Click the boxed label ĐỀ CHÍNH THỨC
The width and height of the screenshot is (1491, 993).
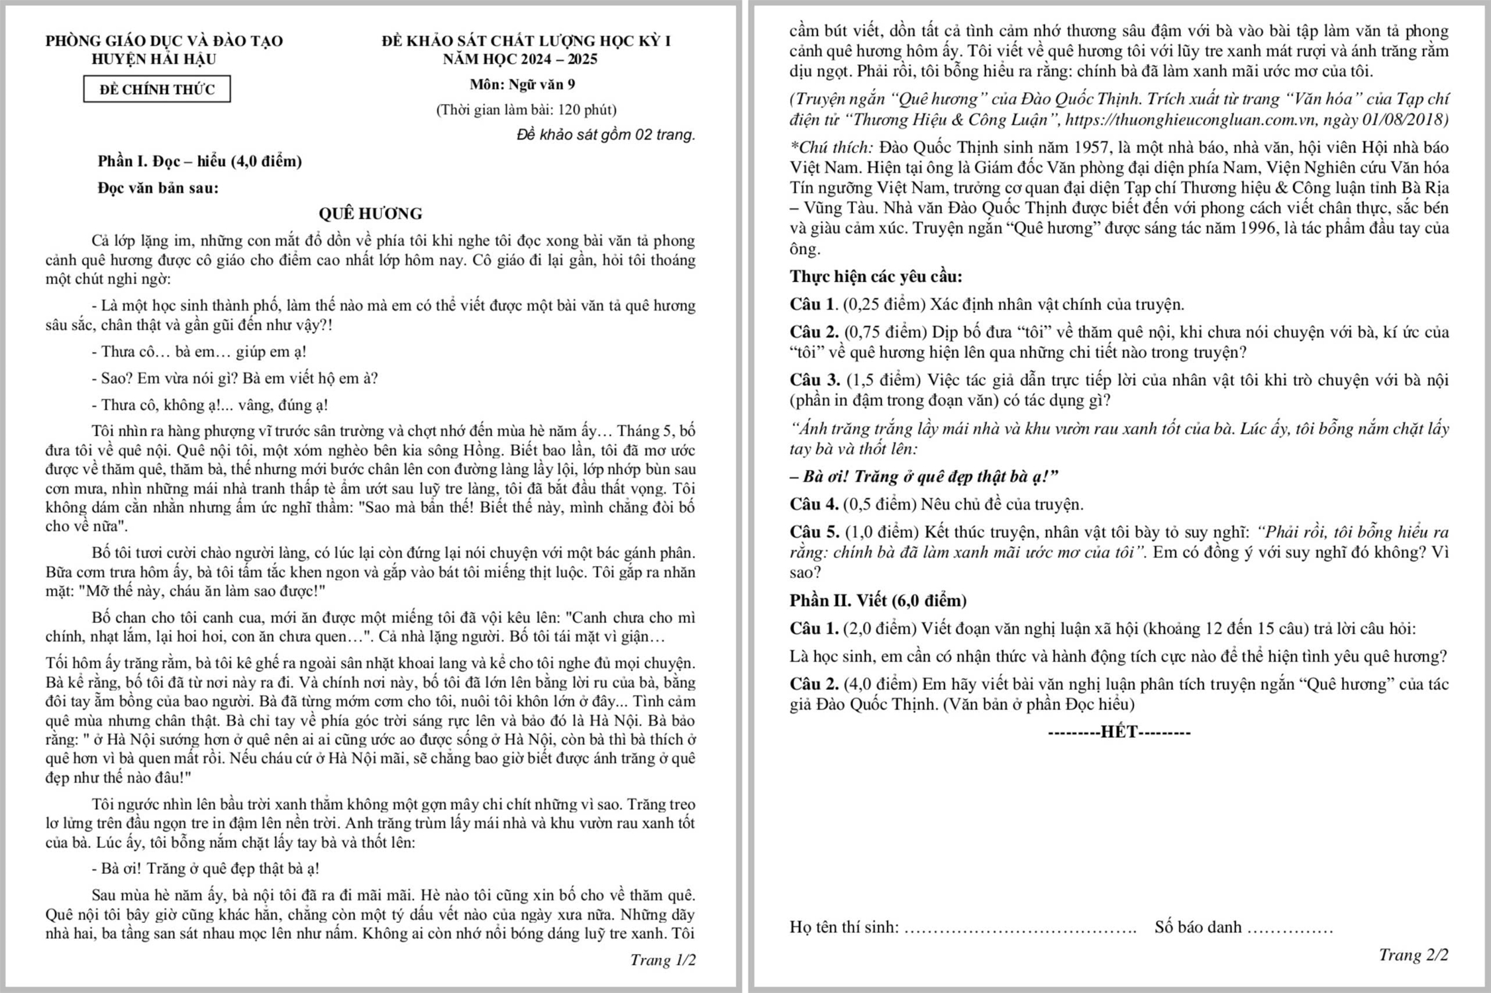(x=157, y=89)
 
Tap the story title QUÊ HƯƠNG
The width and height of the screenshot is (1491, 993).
(x=370, y=213)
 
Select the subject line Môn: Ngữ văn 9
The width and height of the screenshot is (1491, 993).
(x=522, y=84)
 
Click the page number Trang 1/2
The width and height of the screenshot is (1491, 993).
(x=662, y=960)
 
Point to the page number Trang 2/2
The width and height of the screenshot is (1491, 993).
(x=1413, y=955)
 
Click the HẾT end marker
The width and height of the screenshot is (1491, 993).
(x=1119, y=732)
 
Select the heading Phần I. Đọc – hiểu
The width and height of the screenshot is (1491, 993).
(x=199, y=161)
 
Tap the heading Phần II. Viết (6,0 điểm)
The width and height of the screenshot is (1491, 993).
(x=878, y=600)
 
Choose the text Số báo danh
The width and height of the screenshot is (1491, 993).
(x=1198, y=927)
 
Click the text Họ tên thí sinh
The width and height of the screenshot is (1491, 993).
(x=844, y=927)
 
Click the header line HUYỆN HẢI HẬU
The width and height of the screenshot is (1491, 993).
(x=154, y=59)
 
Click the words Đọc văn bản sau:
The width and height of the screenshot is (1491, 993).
(x=158, y=188)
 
